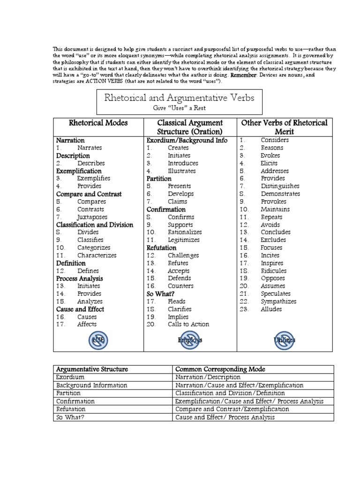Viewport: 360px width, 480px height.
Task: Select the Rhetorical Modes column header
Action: click(x=98, y=123)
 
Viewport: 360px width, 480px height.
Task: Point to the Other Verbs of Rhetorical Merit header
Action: click(x=284, y=127)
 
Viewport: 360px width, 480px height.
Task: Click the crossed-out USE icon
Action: click(x=99, y=340)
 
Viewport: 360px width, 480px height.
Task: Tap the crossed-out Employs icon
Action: click(x=190, y=340)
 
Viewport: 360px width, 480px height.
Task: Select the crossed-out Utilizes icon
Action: click(x=285, y=340)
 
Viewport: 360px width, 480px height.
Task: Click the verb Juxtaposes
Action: click(x=92, y=217)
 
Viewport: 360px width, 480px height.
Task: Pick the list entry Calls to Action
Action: click(x=188, y=324)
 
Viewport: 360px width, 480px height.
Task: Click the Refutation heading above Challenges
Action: click(x=161, y=247)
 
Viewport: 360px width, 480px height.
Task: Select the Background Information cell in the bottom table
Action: click(x=91, y=385)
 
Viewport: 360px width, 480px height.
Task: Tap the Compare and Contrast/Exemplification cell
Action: click(x=232, y=409)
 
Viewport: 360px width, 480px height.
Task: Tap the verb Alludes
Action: click(x=271, y=309)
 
